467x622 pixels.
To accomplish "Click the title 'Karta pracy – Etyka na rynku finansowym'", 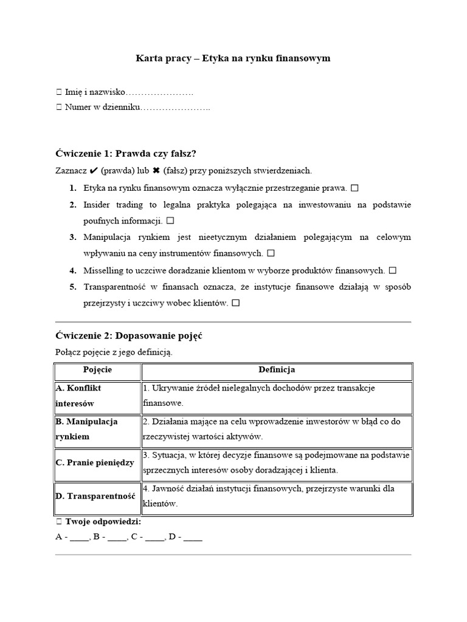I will pos(233,58).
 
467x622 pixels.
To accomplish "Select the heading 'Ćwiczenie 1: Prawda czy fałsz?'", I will pos(126,153).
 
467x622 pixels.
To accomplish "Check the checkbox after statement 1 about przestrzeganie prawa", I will pos(355,188).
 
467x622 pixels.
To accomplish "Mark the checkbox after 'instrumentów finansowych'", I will pos(271,253).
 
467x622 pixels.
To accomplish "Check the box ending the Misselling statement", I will pos(392,270).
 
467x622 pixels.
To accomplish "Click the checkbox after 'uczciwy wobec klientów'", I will pos(235,302).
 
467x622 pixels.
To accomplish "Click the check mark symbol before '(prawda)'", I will pos(94,171).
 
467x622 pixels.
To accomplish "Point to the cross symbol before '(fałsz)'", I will pos(156,171).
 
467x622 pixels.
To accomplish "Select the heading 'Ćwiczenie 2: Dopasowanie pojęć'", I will pos(129,335).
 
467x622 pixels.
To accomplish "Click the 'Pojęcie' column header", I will pos(97,370).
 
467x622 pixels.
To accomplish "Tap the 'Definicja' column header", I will pos(277,370).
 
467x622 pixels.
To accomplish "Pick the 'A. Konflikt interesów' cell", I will pos(97,395).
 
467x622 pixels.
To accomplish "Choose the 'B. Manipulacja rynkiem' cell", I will pos(97,429).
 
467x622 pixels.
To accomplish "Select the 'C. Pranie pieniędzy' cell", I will pos(97,463).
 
